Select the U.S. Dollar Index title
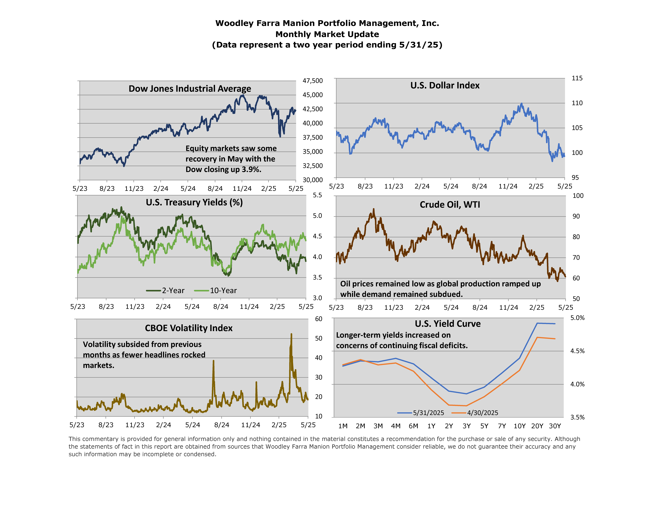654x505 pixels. point(445,86)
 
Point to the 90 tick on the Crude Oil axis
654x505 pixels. point(576,216)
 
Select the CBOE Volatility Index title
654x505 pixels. point(189,328)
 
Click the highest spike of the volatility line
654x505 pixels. point(291,334)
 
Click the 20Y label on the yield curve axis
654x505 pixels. point(537,426)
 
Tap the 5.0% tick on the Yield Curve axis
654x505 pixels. point(577,318)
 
